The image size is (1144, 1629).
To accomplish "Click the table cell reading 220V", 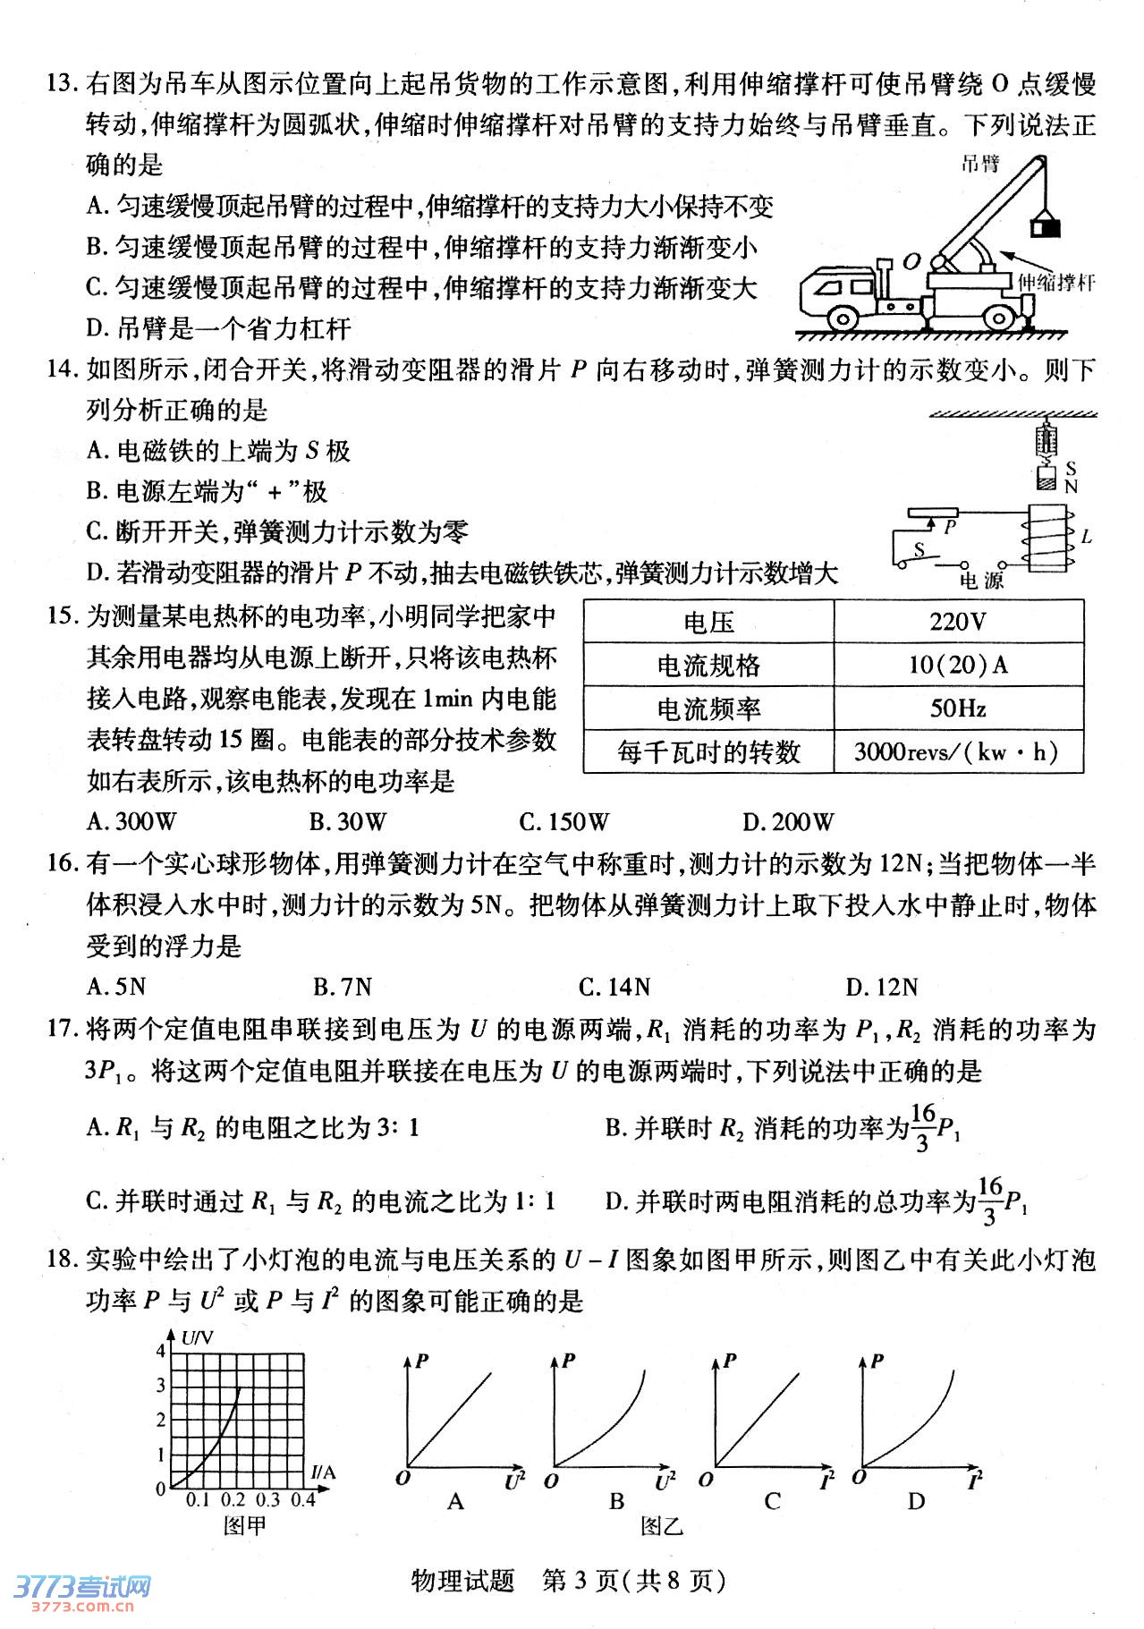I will point(958,621).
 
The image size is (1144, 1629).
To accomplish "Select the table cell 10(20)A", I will point(958,665).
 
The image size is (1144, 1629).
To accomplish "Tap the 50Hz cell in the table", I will point(958,708).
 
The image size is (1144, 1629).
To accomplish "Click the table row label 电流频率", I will point(708,708).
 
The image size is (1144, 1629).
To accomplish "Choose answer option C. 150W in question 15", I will point(564,821).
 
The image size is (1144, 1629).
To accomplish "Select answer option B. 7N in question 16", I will point(342,987).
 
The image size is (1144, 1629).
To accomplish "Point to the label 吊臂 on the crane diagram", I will point(979,164).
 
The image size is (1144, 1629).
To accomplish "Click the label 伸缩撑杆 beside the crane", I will point(1056,283).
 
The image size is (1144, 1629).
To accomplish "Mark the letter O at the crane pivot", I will point(911,261).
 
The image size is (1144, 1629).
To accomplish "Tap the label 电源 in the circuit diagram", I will point(981,581).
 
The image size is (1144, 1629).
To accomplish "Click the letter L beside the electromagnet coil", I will point(1087,537).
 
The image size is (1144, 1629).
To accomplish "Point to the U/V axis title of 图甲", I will point(197,1338).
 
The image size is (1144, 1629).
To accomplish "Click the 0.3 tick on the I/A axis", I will point(267,1499).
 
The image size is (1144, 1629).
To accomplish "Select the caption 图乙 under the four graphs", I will point(661,1526).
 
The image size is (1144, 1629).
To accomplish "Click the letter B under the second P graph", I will point(616,1501).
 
